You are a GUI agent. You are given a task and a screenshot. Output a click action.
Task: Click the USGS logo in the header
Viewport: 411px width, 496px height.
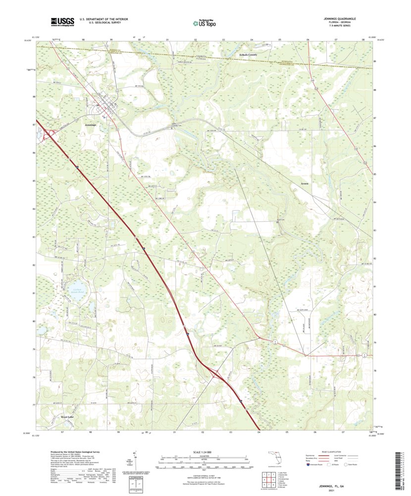point(62,21)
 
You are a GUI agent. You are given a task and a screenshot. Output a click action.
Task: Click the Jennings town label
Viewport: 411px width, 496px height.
point(87,126)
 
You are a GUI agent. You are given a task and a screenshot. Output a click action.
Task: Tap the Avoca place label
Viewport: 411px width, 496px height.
point(305,184)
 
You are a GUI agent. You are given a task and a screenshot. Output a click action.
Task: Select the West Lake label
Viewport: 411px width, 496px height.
point(70,417)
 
